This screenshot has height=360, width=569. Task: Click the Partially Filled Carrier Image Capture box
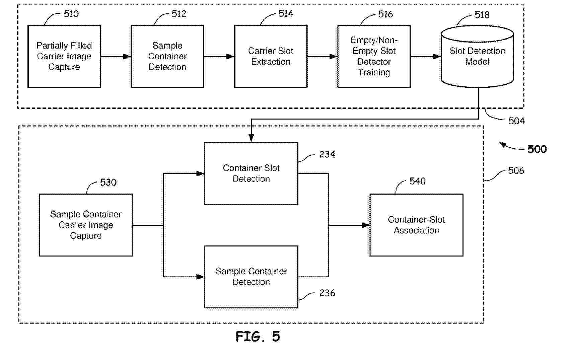click(64, 56)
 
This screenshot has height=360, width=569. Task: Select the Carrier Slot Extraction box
click(271, 56)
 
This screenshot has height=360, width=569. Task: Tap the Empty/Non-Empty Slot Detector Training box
click(374, 56)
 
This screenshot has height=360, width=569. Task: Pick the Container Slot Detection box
click(251, 173)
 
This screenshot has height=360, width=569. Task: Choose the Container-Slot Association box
click(416, 225)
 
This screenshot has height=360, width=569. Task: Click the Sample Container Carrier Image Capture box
click(86, 225)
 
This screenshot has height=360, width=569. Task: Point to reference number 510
click(71, 14)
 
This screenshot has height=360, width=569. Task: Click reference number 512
click(179, 14)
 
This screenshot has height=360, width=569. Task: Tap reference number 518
click(482, 15)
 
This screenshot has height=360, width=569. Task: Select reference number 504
click(516, 121)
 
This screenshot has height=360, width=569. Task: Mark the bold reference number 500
click(537, 149)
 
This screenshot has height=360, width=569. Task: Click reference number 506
click(516, 171)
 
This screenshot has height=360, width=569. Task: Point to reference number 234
click(327, 154)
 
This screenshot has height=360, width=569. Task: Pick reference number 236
click(327, 293)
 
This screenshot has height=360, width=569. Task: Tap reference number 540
click(417, 181)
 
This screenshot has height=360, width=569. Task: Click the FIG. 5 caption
click(258, 337)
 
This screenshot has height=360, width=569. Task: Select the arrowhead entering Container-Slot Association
click(366, 225)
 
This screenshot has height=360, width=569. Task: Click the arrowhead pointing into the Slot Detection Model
click(437, 57)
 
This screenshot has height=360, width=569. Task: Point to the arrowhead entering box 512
click(127, 57)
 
